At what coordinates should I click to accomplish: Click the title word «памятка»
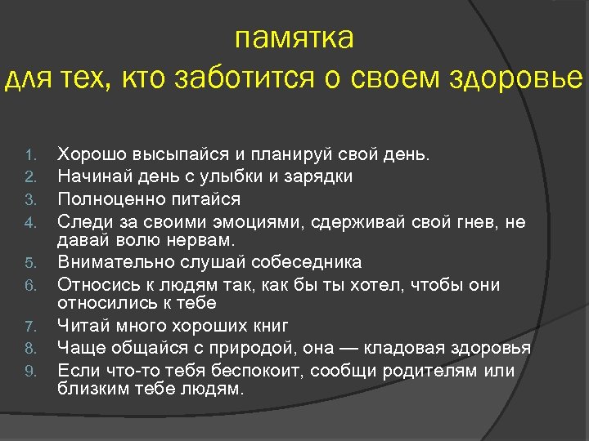(294, 38)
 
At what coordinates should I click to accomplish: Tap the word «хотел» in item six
(366, 285)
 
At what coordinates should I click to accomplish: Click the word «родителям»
(438, 371)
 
